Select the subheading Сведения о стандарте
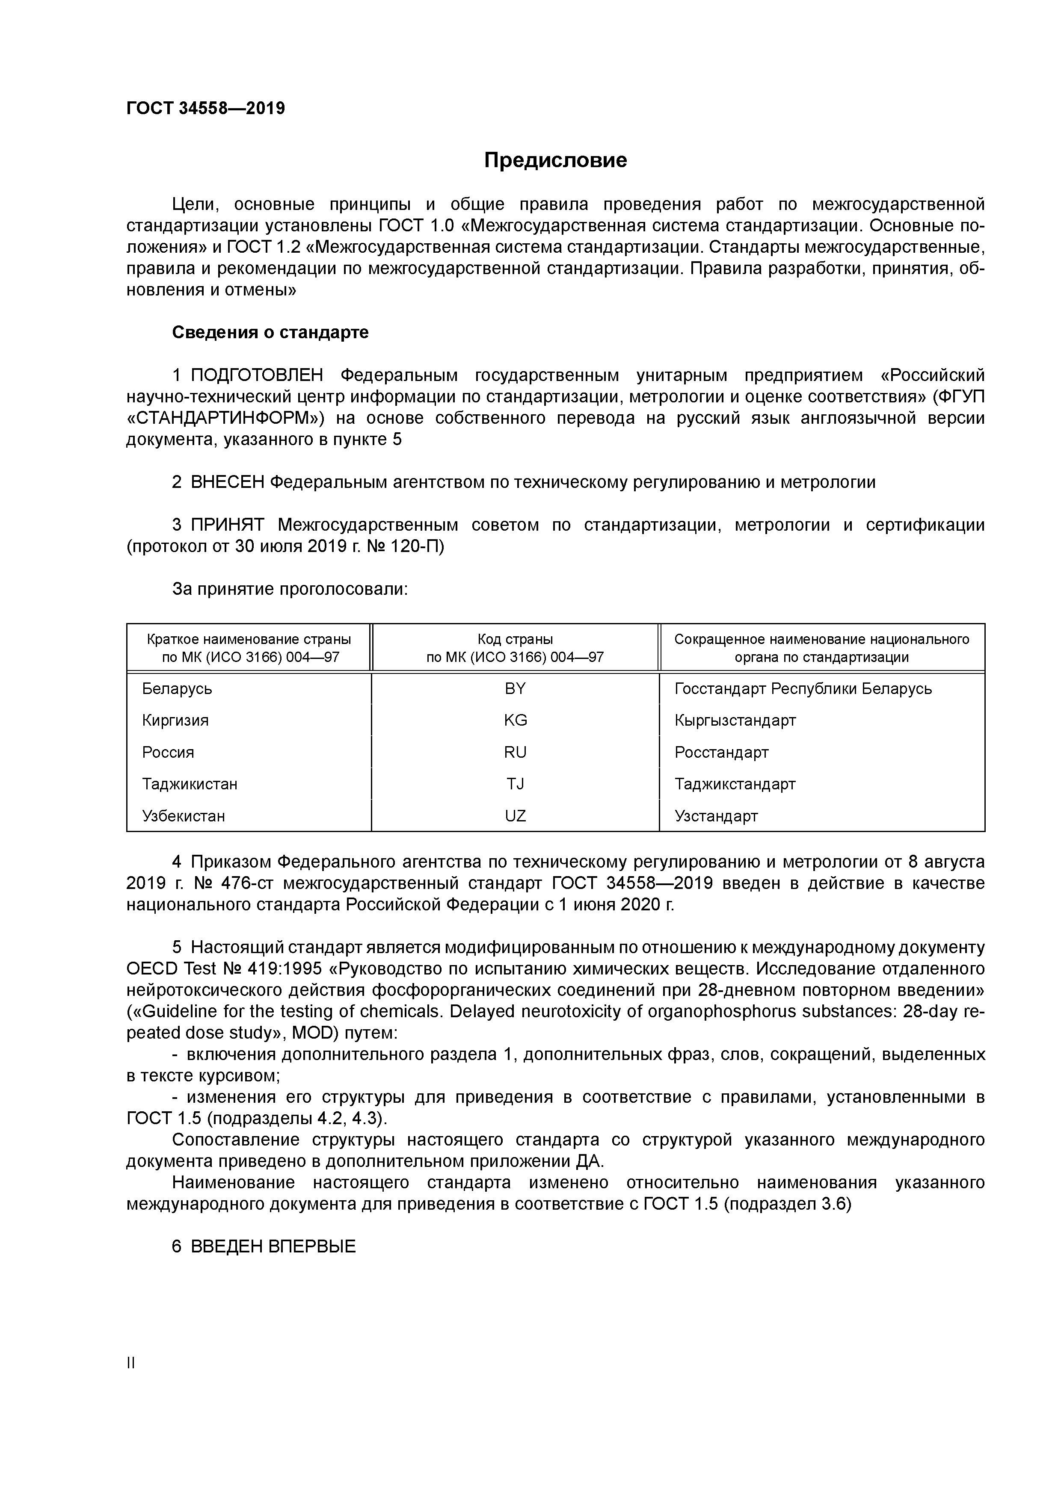[270, 333]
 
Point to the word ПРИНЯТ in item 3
[227, 525]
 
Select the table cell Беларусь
[177, 688]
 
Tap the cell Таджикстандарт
[735, 784]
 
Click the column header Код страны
[515, 640]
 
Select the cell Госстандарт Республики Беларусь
[803, 688]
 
